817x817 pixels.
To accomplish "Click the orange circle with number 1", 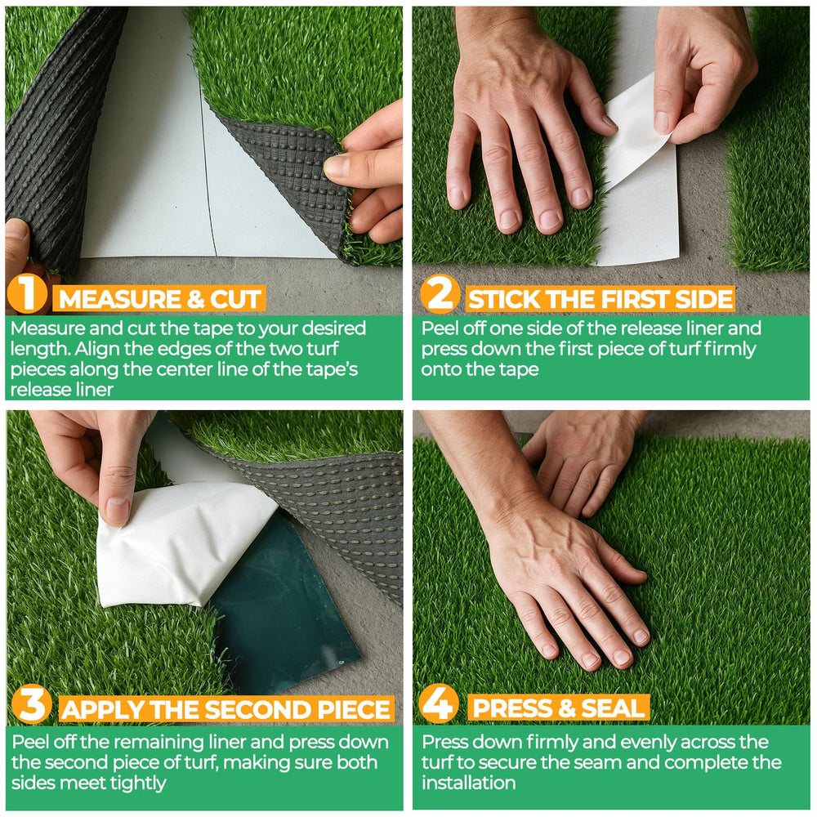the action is [x=27, y=293].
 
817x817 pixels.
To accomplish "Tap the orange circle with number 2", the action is [x=440, y=294].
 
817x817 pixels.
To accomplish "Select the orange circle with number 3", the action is [x=32, y=704].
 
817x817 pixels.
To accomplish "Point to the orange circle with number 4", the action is [x=439, y=703].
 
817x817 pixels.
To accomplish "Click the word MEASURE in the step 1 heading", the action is [x=119, y=300].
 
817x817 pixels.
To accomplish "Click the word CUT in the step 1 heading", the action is [x=235, y=300].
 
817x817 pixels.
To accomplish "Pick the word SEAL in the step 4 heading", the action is [x=613, y=708].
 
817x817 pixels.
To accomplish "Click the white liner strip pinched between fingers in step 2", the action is [x=636, y=133].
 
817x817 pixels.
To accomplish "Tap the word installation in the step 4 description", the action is [x=468, y=784].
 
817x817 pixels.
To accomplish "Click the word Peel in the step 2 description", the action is [x=438, y=328].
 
